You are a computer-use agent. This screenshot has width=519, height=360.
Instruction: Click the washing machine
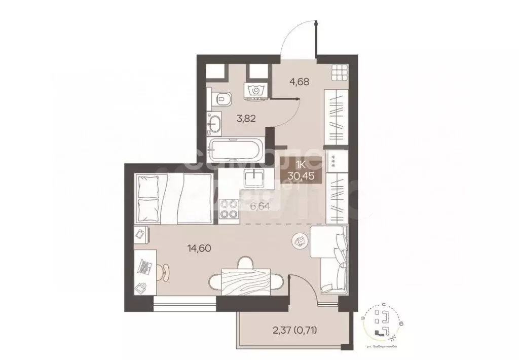257,91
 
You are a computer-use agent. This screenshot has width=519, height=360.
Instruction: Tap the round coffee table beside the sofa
301,241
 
